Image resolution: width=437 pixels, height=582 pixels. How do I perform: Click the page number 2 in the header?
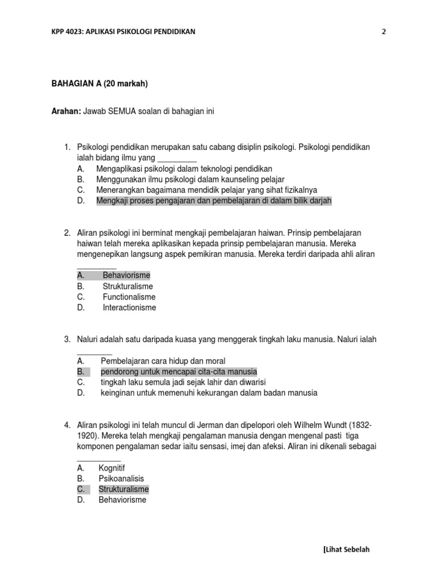(x=384, y=32)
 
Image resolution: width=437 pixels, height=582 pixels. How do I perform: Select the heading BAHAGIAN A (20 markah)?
(x=100, y=84)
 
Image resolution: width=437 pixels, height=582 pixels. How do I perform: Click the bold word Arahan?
(x=66, y=111)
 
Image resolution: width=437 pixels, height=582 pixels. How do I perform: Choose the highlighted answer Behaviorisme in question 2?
(x=126, y=276)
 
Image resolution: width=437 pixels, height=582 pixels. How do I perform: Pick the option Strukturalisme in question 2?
(x=127, y=286)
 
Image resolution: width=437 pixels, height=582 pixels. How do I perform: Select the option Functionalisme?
(x=129, y=297)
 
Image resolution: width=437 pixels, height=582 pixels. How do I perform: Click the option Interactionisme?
(x=129, y=308)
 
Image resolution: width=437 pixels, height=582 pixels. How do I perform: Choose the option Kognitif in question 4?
(x=112, y=468)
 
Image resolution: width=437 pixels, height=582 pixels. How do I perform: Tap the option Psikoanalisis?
(x=121, y=479)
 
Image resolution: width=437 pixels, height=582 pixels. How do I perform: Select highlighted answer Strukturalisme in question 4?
(x=123, y=489)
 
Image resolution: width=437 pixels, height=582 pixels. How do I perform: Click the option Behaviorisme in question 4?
(x=122, y=500)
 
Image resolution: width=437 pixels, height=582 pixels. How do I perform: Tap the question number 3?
(x=67, y=340)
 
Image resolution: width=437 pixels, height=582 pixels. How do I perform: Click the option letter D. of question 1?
(x=81, y=201)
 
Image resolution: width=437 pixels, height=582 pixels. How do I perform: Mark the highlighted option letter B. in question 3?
(x=81, y=372)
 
